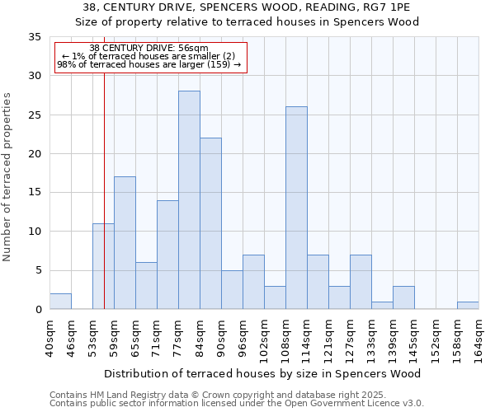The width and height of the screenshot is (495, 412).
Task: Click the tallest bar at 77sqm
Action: coord(189,200)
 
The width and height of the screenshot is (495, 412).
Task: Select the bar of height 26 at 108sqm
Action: coord(296,208)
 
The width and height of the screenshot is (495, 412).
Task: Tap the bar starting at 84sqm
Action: coord(210,223)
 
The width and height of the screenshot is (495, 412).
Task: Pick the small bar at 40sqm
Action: coord(60,302)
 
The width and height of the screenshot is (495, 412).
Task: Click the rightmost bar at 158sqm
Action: coord(468,306)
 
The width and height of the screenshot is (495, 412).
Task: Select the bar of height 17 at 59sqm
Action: coord(125,243)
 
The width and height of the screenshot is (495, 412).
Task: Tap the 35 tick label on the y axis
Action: coord(35,37)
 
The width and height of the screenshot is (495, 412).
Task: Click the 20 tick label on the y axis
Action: coord(35,154)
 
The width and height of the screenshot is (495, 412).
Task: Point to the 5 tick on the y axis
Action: coord(38,270)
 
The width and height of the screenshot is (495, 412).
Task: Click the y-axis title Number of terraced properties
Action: coord(8,177)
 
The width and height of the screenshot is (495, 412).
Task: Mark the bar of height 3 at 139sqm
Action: coord(403,297)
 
